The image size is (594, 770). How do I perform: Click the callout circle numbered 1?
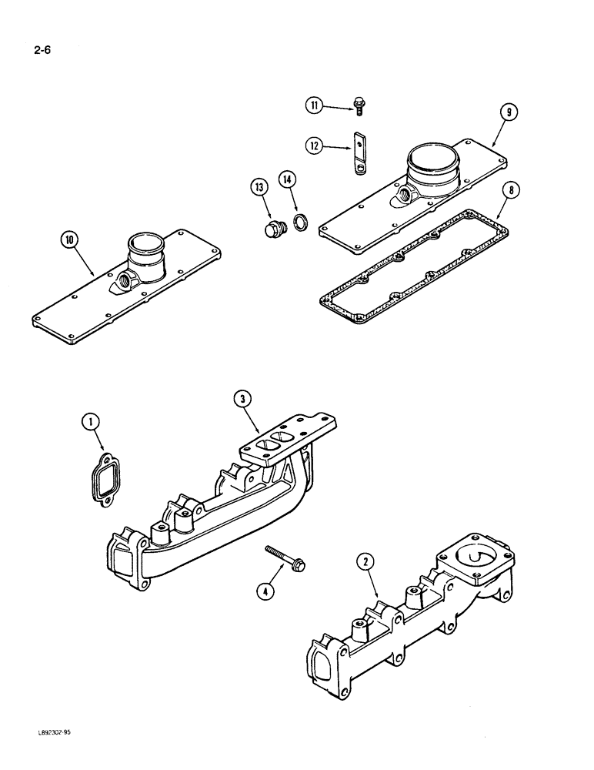click(91, 421)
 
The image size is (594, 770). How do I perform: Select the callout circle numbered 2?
click(366, 563)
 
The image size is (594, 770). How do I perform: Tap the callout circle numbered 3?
click(244, 398)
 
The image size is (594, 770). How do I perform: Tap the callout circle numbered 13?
click(258, 187)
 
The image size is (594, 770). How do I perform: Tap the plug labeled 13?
click(274, 229)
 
